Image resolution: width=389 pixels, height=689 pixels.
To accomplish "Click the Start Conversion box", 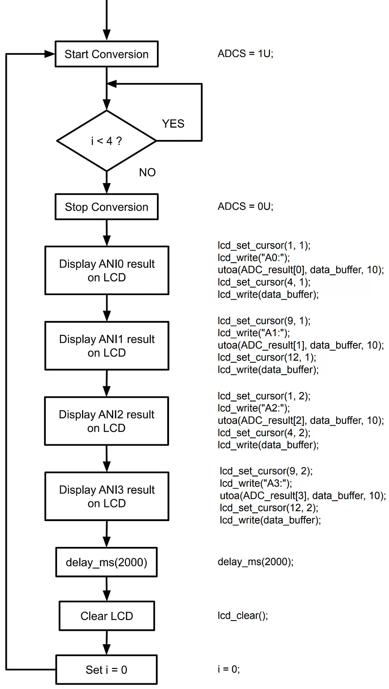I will click(x=106, y=54).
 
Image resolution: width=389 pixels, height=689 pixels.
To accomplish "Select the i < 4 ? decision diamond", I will click(x=106, y=141).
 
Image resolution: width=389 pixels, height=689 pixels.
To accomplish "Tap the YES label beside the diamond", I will click(x=173, y=123).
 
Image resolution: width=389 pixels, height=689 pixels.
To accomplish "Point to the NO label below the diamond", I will click(x=147, y=172).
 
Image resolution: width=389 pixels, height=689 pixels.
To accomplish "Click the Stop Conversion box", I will click(x=106, y=207).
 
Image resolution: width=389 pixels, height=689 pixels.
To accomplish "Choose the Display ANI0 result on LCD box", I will click(x=106, y=270).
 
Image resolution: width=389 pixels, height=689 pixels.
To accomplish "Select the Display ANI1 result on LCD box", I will click(x=106, y=346).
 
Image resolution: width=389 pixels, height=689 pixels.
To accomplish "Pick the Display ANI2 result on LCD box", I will click(x=106, y=421).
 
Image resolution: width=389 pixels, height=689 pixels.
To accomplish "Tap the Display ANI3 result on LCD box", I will click(x=106, y=496).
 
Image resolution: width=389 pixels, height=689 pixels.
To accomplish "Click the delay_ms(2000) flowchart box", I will click(x=106, y=562).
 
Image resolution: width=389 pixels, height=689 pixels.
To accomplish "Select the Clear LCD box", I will click(x=106, y=616).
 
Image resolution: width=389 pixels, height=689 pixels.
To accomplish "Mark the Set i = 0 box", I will click(x=106, y=670).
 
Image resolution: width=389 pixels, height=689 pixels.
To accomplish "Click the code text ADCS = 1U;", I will click(x=245, y=54).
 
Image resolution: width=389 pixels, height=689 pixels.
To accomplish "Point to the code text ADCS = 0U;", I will click(x=245, y=206).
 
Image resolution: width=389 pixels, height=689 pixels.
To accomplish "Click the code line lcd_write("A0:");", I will click(x=253, y=258).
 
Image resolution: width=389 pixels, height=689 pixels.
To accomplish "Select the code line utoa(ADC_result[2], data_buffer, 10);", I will click(x=300, y=420).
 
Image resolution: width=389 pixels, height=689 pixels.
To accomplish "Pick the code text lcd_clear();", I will click(x=242, y=615).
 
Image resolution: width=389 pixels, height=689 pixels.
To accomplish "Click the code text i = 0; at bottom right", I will click(x=228, y=669).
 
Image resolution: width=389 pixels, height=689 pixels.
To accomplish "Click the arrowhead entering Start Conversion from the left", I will click(x=50, y=54).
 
